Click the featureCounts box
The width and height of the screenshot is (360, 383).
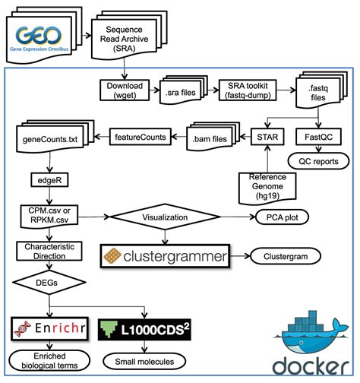[x=137, y=138]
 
